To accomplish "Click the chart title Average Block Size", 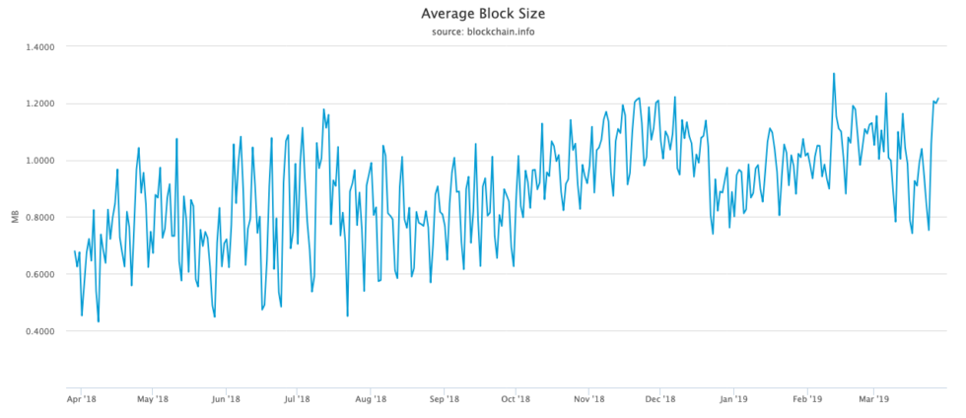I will [482, 14].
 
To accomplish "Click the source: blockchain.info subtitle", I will [482, 32].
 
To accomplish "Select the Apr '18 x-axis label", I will [82, 399].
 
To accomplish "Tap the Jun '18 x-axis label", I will [226, 399].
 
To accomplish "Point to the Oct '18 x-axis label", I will [514, 399].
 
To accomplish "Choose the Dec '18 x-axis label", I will [658, 399].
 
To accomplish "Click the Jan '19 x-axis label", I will [731, 399].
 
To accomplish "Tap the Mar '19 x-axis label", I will [871, 399].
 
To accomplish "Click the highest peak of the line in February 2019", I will [834, 73].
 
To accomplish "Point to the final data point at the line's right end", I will [938, 98].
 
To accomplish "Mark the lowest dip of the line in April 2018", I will [98, 321].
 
